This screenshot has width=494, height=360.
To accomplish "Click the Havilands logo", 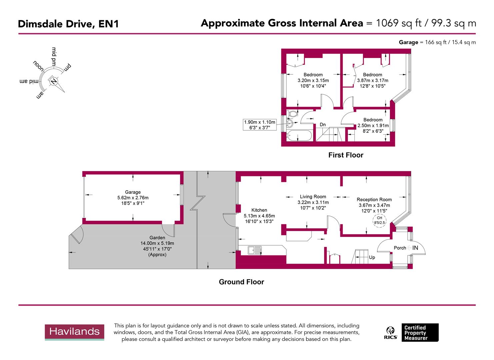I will pyautogui.click(x=75, y=332).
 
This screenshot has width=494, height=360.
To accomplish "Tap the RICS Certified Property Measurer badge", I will pyautogui.click(x=412, y=333).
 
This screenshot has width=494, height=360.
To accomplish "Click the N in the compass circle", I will pyautogui.click(x=53, y=81).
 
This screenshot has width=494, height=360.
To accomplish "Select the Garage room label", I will pyautogui.click(x=133, y=192).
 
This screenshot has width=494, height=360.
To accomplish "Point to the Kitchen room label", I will pyautogui.click(x=259, y=210).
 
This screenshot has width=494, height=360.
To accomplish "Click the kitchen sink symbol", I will pyautogui.click(x=255, y=250).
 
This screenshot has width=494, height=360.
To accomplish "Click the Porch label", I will pyautogui.click(x=400, y=248).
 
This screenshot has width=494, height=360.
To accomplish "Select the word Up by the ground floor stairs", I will pyautogui.click(x=372, y=257).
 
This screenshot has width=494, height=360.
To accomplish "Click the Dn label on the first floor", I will pyautogui.click(x=323, y=125).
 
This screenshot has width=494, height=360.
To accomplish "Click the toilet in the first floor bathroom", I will pyautogui.click(x=292, y=114).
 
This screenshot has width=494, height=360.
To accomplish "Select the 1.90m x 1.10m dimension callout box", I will pyautogui.click(x=260, y=125).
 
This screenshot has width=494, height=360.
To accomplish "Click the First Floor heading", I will pyautogui.click(x=346, y=155).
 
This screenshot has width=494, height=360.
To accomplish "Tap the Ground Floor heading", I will pyautogui.click(x=241, y=282).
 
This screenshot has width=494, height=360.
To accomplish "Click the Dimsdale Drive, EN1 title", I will pyautogui.click(x=68, y=24).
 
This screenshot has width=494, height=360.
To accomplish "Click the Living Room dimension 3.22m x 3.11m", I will pyautogui.click(x=313, y=202).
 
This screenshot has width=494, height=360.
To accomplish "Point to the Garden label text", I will pyautogui.click(x=157, y=238).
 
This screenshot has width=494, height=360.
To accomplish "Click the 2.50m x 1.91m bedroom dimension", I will pyautogui.click(x=373, y=126).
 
